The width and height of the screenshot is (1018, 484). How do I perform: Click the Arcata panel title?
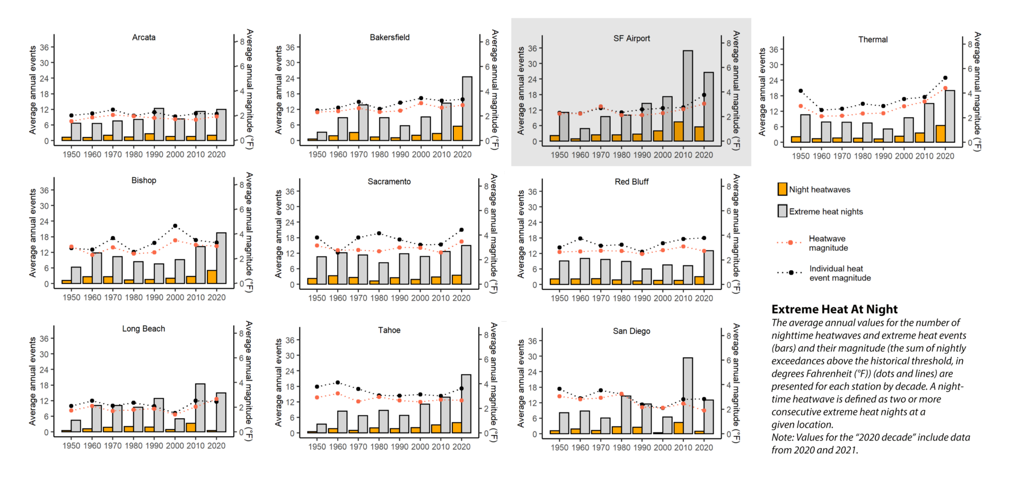tap(144, 38)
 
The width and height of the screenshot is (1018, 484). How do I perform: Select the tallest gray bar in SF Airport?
tap(688, 96)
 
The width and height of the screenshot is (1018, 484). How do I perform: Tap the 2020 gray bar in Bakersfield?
tap(467, 109)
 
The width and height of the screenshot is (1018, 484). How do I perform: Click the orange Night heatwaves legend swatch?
tap(782, 189)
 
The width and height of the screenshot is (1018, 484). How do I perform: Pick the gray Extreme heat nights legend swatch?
tap(782, 211)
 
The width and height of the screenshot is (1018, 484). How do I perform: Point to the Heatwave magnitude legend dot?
tap(791, 243)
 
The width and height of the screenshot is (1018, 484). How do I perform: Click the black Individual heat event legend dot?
tap(791, 273)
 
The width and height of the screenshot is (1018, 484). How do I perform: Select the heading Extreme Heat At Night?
tap(835, 309)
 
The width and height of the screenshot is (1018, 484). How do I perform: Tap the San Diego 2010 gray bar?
tap(688, 395)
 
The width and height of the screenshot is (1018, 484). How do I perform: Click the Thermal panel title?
tap(873, 40)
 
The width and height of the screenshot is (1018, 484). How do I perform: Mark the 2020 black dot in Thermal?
tap(945, 78)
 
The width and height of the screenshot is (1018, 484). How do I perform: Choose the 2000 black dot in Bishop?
tap(175, 226)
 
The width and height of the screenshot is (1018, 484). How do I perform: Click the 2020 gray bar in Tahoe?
tap(466, 404)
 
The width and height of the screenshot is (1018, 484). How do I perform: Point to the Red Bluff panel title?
tap(631, 182)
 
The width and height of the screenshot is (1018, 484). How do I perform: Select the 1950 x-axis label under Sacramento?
tap(317, 298)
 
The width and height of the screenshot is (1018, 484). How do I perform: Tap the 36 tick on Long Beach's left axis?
tap(44, 339)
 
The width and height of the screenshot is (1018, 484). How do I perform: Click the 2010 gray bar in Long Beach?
tap(200, 408)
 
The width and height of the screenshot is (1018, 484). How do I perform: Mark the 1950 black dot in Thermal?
tap(801, 91)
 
